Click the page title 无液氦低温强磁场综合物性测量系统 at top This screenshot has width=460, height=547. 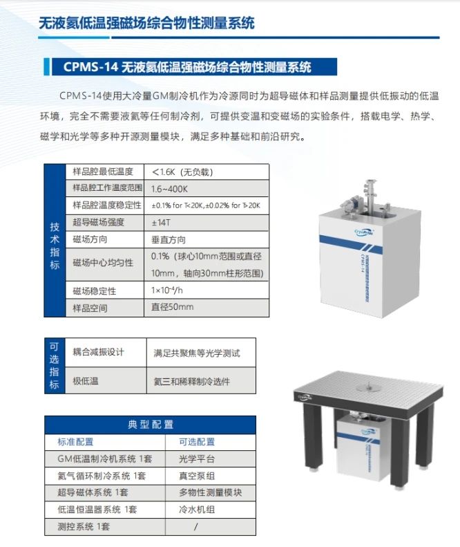pos(147,23)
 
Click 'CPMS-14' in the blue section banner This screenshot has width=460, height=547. pos(91,67)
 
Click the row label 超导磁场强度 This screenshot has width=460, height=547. pos(98,222)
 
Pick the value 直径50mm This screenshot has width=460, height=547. pos(173,307)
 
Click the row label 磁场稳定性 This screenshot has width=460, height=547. pos(95,290)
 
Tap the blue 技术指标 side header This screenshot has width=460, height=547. pos(55,241)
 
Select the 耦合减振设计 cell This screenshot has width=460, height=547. pos(99,352)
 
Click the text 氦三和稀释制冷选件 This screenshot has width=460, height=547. pos(192,381)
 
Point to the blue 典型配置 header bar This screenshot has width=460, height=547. pos(150,425)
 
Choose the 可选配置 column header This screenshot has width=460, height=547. pos(197,442)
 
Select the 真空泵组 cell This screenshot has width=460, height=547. pos(197,476)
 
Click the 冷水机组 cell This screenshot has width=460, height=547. pos(197,510)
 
